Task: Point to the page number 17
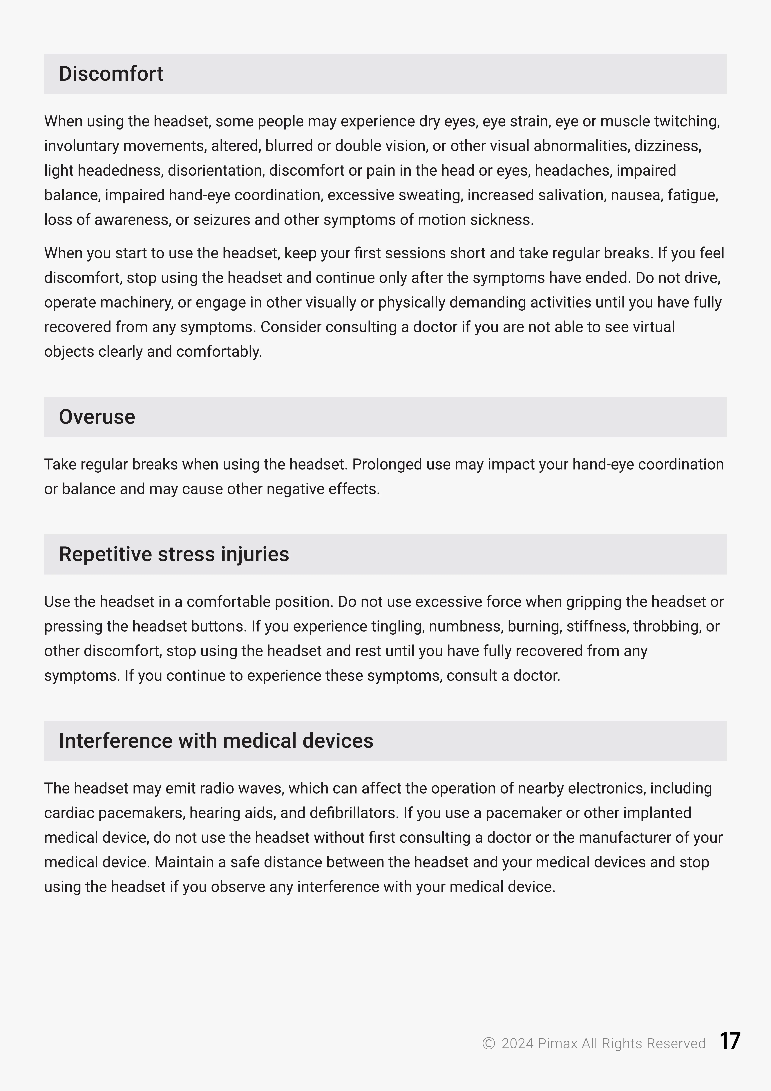pyautogui.click(x=730, y=1042)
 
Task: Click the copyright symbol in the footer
pyautogui.click(x=488, y=1043)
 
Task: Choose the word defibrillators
pyautogui.click(x=353, y=813)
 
